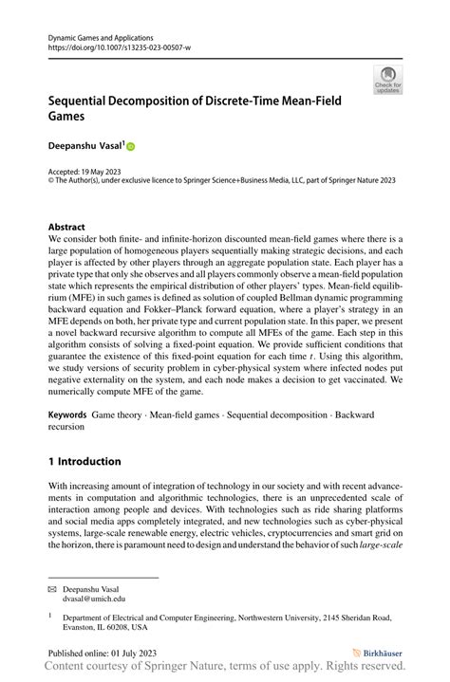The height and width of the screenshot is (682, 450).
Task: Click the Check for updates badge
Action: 387,82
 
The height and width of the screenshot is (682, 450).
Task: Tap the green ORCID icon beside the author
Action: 130,147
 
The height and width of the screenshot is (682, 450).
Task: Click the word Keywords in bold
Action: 67,415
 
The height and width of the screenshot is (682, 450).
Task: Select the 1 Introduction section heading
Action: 84,462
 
